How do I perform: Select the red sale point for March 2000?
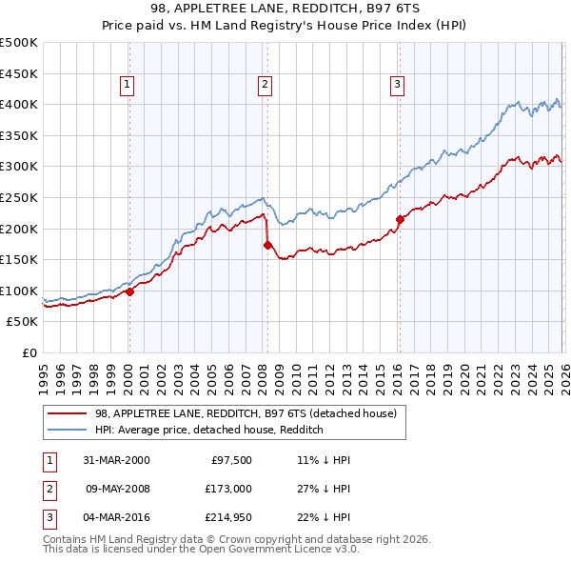point(129,292)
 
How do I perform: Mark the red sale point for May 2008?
point(267,246)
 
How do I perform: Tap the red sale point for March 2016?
point(399,220)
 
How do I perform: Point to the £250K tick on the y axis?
point(19,197)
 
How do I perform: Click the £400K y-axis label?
point(19,104)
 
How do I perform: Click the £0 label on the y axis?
point(28,352)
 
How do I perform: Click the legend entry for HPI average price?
point(209,430)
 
